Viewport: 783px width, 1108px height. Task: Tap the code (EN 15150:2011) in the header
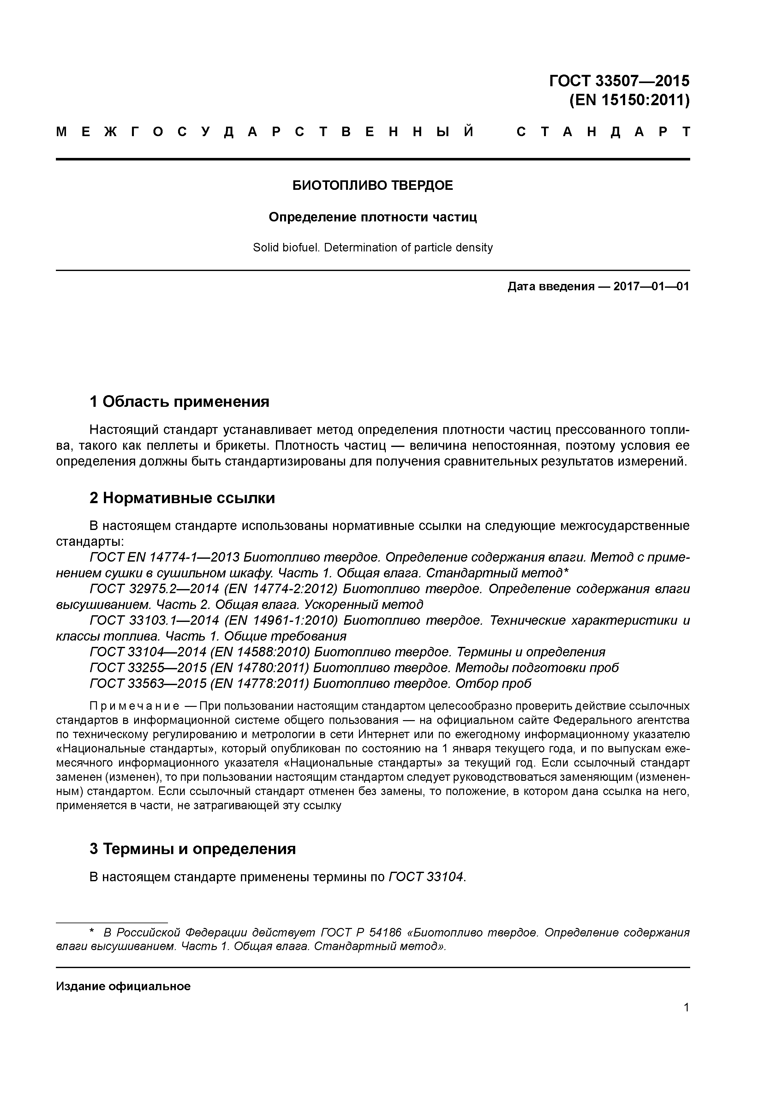click(x=629, y=100)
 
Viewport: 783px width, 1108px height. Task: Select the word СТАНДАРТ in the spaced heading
click(x=603, y=132)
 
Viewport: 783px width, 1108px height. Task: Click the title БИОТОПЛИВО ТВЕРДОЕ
click(x=373, y=186)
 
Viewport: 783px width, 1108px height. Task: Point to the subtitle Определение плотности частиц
click(x=373, y=217)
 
